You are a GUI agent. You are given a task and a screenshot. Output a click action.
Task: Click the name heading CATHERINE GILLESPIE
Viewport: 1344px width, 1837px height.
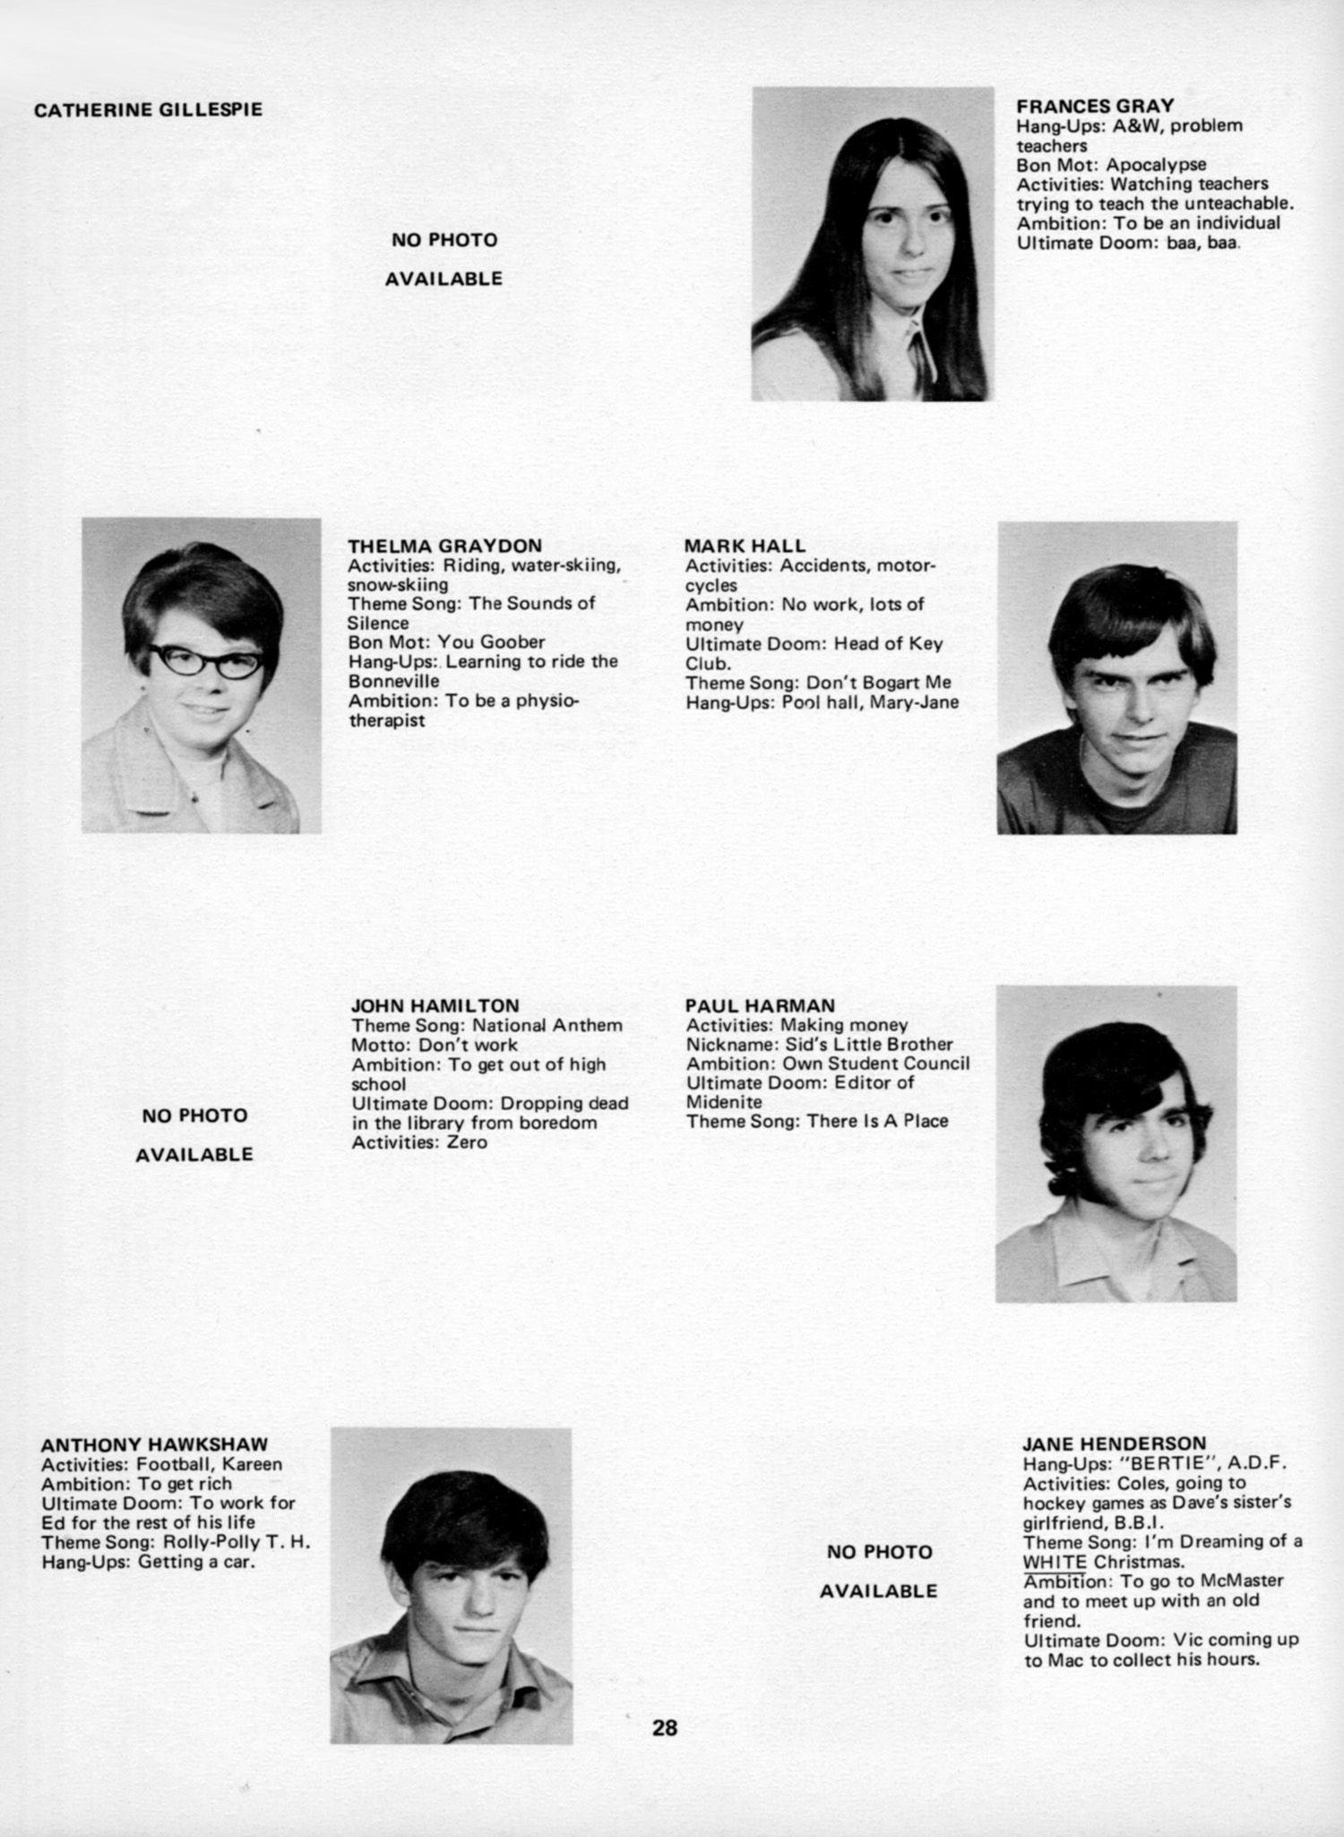(x=148, y=110)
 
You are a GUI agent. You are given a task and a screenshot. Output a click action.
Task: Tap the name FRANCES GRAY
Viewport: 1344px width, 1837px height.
(x=1094, y=106)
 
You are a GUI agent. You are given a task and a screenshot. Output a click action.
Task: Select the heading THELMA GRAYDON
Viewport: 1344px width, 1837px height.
(x=444, y=546)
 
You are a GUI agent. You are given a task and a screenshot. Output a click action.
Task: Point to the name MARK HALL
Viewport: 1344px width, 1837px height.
(x=745, y=546)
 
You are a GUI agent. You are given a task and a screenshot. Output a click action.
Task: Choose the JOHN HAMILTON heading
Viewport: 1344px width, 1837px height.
(x=435, y=1005)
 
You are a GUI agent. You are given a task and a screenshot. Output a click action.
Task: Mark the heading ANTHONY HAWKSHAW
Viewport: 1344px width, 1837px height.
(x=154, y=1445)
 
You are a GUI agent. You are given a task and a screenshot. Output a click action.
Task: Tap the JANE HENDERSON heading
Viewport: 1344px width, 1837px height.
(x=1114, y=1444)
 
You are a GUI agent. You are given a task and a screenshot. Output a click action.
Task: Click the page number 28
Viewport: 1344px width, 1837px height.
(x=665, y=1727)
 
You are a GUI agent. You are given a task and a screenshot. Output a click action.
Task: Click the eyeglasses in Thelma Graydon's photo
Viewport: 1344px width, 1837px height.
(x=205, y=661)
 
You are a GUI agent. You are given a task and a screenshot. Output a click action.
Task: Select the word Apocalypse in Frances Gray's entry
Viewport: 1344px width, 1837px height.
(x=1156, y=165)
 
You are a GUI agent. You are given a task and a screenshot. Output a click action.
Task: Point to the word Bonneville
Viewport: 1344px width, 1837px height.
(x=394, y=681)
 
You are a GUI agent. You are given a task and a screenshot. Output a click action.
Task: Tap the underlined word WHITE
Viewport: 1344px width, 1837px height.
(x=1054, y=1561)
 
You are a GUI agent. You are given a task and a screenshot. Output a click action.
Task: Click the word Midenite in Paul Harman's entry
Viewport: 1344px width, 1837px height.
(x=724, y=1102)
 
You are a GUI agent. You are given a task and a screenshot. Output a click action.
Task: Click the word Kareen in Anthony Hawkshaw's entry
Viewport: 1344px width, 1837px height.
(x=253, y=1464)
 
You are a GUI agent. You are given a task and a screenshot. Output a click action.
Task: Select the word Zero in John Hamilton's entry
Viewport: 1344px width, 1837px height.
(x=468, y=1142)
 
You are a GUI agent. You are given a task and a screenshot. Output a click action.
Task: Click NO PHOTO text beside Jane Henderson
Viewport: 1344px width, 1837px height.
(x=879, y=1551)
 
